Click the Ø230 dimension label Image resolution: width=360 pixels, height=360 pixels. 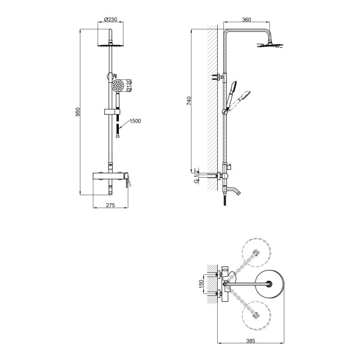coord(110,19)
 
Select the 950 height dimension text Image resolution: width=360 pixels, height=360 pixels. coord(78,112)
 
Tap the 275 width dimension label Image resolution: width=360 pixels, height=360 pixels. coord(110,205)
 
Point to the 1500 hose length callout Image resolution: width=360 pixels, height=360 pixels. coord(135,121)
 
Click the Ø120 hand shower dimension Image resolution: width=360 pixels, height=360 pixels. coord(129,85)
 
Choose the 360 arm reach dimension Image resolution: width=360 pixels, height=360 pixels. coord(247,20)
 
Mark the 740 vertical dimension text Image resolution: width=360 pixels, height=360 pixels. coord(189,101)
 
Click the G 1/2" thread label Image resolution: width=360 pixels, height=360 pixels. coord(196,176)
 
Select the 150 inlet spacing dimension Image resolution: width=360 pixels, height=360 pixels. coord(201,284)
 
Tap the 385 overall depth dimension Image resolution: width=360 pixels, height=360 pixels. coord(250,341)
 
